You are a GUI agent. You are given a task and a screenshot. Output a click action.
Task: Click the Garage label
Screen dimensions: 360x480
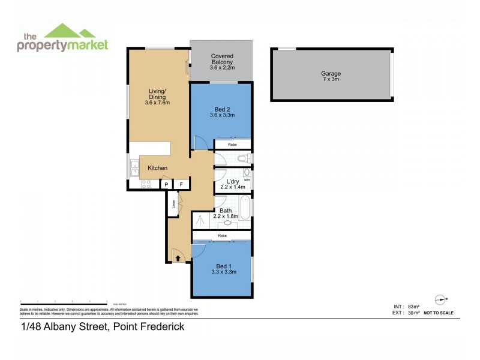pyautogui.click(x=331, y=74)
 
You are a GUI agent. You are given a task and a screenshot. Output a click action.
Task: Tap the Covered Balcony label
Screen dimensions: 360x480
pyautogui.click(x=222, y=56)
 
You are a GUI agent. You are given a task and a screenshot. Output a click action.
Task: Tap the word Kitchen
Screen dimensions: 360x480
pyautogui.click(x=158, y=168)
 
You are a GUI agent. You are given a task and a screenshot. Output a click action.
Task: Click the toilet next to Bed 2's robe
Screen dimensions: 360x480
pyautogui.click(x=243, y=159)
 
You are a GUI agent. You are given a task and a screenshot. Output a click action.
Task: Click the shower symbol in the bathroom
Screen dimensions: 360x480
pyautogui.click(x=202, y=220)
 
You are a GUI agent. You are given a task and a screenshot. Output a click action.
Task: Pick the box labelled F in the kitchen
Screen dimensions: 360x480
pyautogui.click(x=181, y=184)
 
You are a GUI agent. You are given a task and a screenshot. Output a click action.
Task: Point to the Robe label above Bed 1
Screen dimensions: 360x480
pyautogui.click(x=222, y=236)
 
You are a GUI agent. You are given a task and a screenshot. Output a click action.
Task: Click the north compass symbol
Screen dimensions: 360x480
pyautogui.click(x=442, y=299)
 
